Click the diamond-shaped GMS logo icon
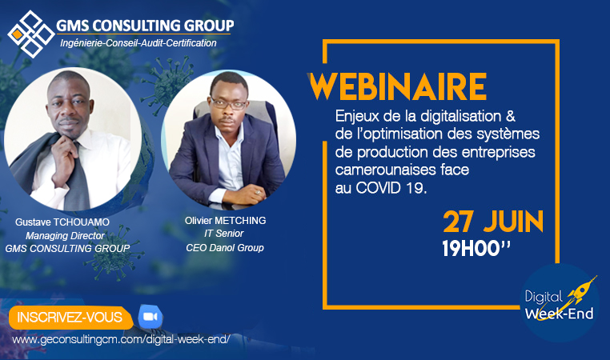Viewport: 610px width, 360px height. tap(31, 34)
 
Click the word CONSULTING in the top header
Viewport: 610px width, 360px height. tap(137, 26)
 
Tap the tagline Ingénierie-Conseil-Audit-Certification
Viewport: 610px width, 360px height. tap(138, 43)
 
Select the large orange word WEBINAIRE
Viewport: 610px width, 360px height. tap(398, 86)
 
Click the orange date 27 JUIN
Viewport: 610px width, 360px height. tap(493, 222)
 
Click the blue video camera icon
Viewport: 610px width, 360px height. tap(150, 317)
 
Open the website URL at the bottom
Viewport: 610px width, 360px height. tap(121, 339)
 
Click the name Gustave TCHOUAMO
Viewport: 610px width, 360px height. tap(62, 222)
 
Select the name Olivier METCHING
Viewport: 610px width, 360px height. tap(225, 221)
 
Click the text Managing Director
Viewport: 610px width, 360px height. tap(65, 235)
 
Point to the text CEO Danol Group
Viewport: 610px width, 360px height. tap(225, 248)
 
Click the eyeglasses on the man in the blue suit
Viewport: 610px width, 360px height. tap(228, 104)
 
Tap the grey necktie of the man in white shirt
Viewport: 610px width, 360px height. tap(78, 179)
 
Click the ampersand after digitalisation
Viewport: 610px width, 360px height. tap(511, 116)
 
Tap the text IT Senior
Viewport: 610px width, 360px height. tap(224, 234)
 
